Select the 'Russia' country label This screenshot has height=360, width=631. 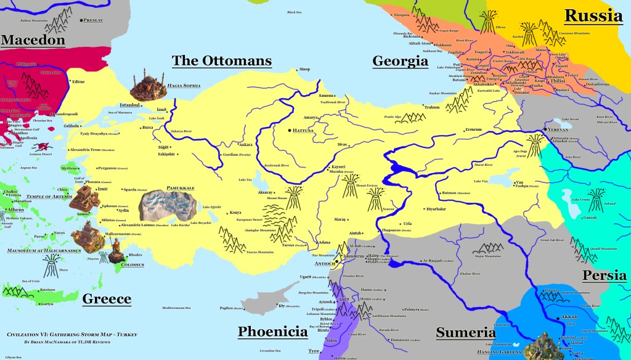click(593, 16)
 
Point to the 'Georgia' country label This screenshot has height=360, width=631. click(400, 60)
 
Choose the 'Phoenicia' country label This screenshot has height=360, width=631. click(272, 332)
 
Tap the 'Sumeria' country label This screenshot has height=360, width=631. click(466, 333)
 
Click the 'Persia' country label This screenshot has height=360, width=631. click(605, 276)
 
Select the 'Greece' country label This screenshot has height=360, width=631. click(107, 299)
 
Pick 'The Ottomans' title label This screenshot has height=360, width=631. click(221, 60)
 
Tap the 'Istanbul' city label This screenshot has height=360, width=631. click(130, 105)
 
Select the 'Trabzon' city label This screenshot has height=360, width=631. click(432, 107)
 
